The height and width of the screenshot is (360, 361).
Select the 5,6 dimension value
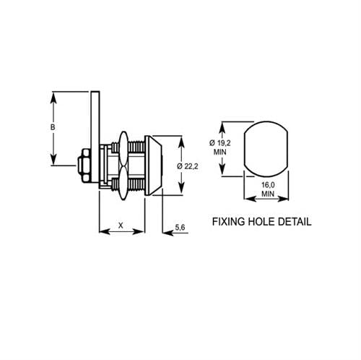pyautogui.click(x=183, y=228)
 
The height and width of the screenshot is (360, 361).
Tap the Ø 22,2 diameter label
pyautogui.click(x=188, y=166)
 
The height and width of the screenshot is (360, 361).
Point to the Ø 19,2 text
pyautogui.click(x=220, y=143)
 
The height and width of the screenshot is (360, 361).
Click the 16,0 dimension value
pyautogui.click(x=267, y=186)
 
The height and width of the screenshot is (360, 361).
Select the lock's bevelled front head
pyautogui.click(x=155, y=166)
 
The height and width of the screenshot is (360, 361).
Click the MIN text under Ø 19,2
pyautogui.click(x=220, y=153)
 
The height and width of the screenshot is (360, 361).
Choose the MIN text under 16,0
pyautogui.click(x=267, y=194)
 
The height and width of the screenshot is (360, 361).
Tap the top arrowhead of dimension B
pyautogui.click(x=53, y=96)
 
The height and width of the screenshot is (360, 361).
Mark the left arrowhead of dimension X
pyautogui.click(x=102, y=231)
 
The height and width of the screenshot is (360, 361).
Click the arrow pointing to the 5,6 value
pyautogui.click(x=166, y=231)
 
